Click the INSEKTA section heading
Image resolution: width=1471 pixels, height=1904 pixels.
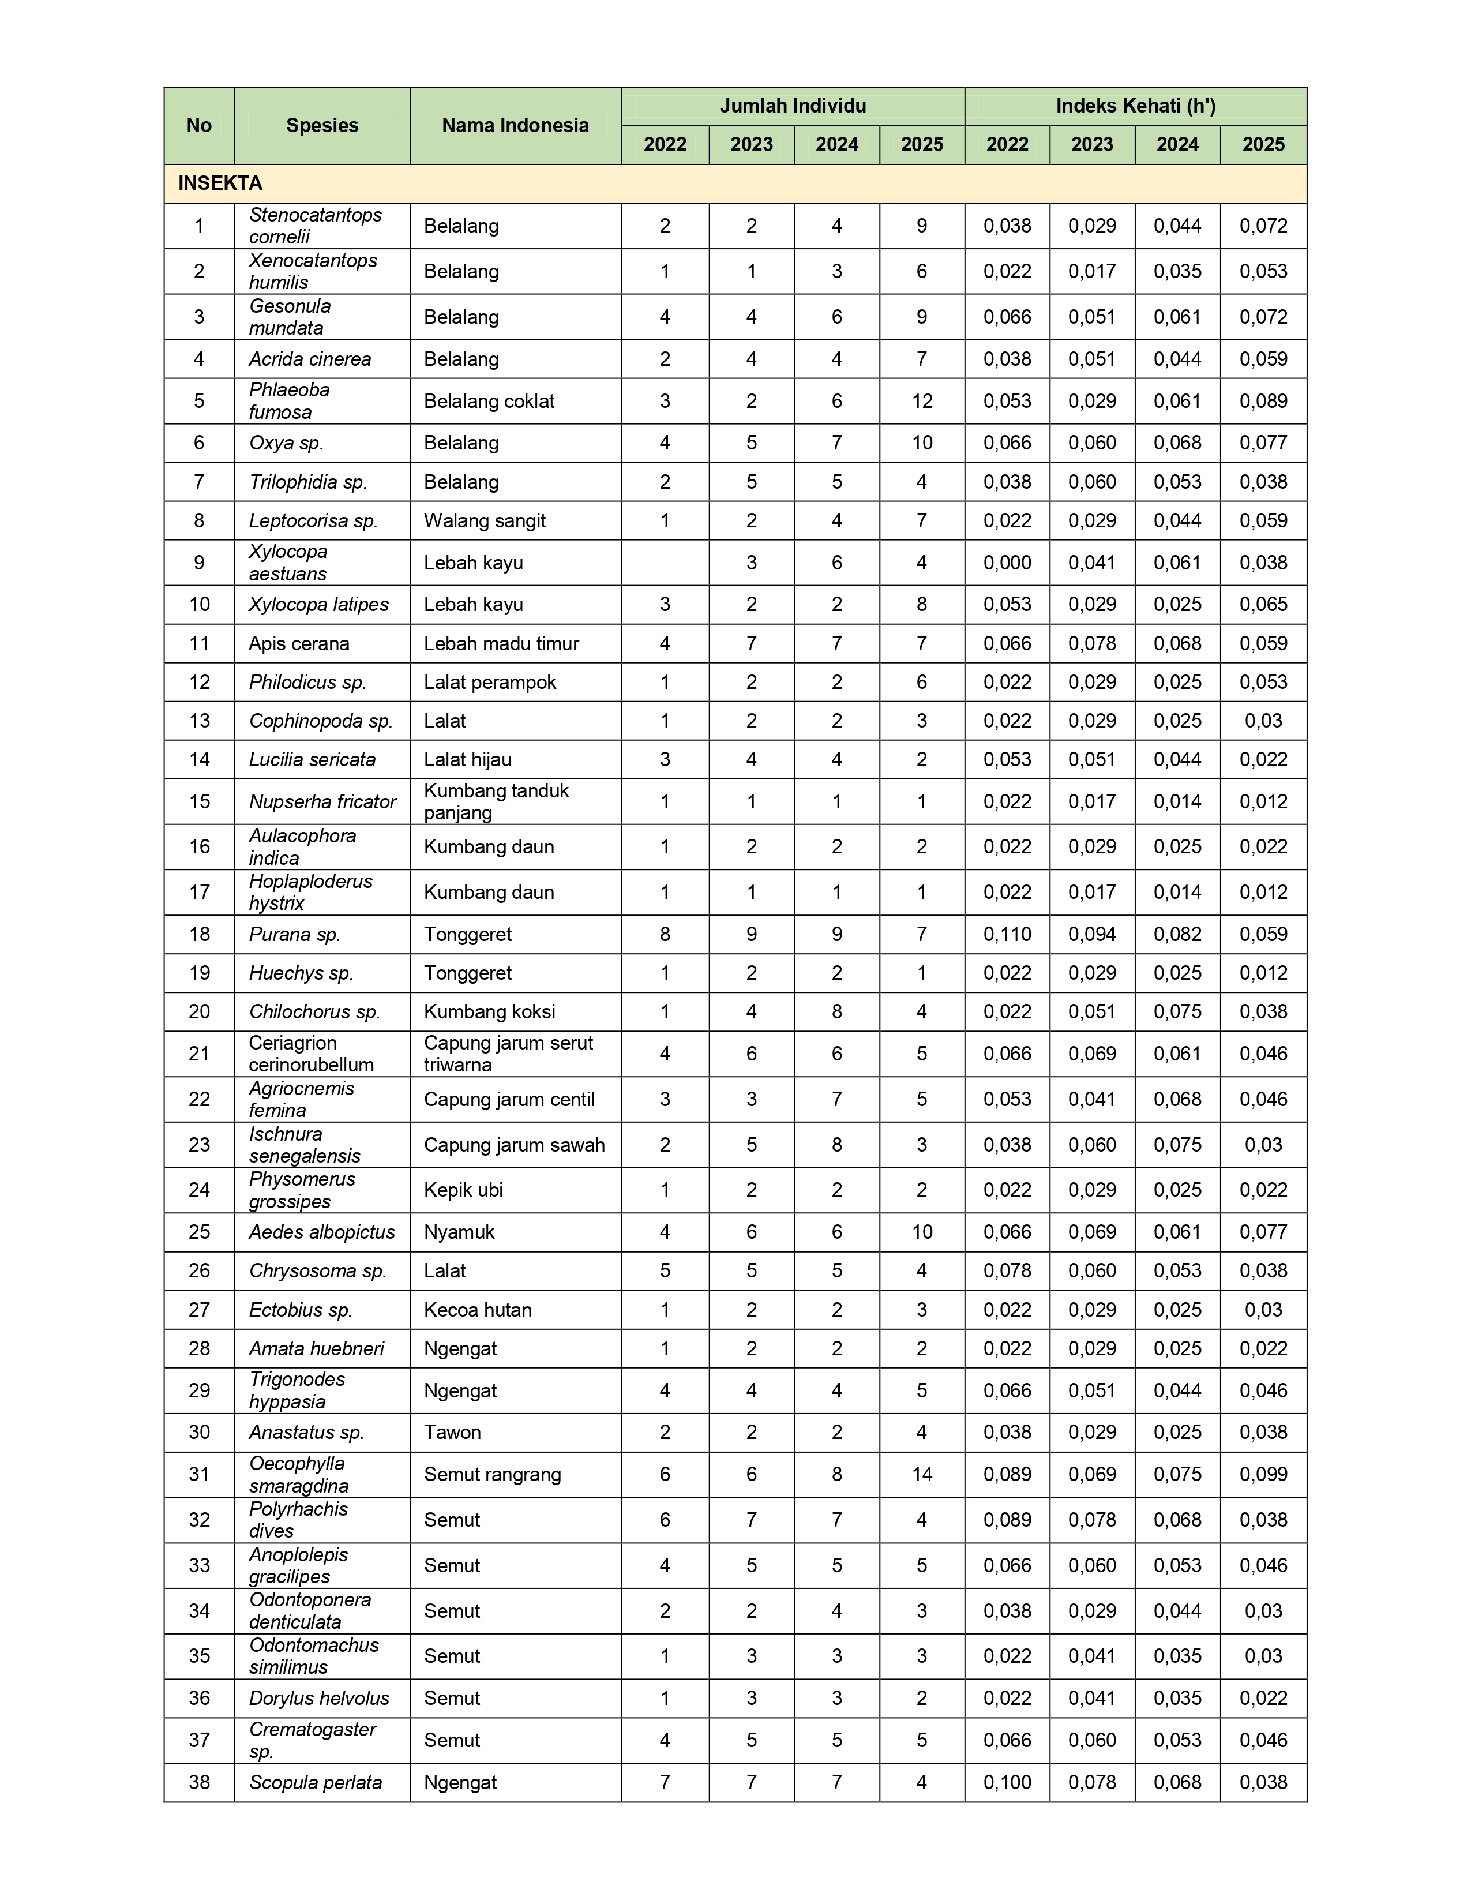[x=220, y=183]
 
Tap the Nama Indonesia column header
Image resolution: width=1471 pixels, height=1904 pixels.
[x=515, y=126]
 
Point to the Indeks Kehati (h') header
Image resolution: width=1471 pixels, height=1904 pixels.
[x=1135, y=106]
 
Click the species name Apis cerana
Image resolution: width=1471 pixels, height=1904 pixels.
[x=299, y=643]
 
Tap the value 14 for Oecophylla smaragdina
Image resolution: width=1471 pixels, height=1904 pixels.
[x=922, y=1474]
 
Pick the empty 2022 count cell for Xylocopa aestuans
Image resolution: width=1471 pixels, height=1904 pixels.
[x=665, y=563]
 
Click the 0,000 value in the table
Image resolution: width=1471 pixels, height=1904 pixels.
[x=1007, y=563]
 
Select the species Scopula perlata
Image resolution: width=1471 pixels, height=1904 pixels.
[x=316, y=1782]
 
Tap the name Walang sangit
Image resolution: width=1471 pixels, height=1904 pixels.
[x=485, y=520]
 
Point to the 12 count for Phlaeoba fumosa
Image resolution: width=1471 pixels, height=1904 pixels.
[x=922, y=401]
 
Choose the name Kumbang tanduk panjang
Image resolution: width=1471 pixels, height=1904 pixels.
[x=496, y=801]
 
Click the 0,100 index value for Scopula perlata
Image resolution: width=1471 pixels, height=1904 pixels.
[x=1007, y=1782]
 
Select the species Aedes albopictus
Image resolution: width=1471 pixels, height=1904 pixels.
[x=321, y=1232]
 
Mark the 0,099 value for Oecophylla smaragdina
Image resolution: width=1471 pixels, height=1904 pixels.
[x=1263, y=1474]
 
